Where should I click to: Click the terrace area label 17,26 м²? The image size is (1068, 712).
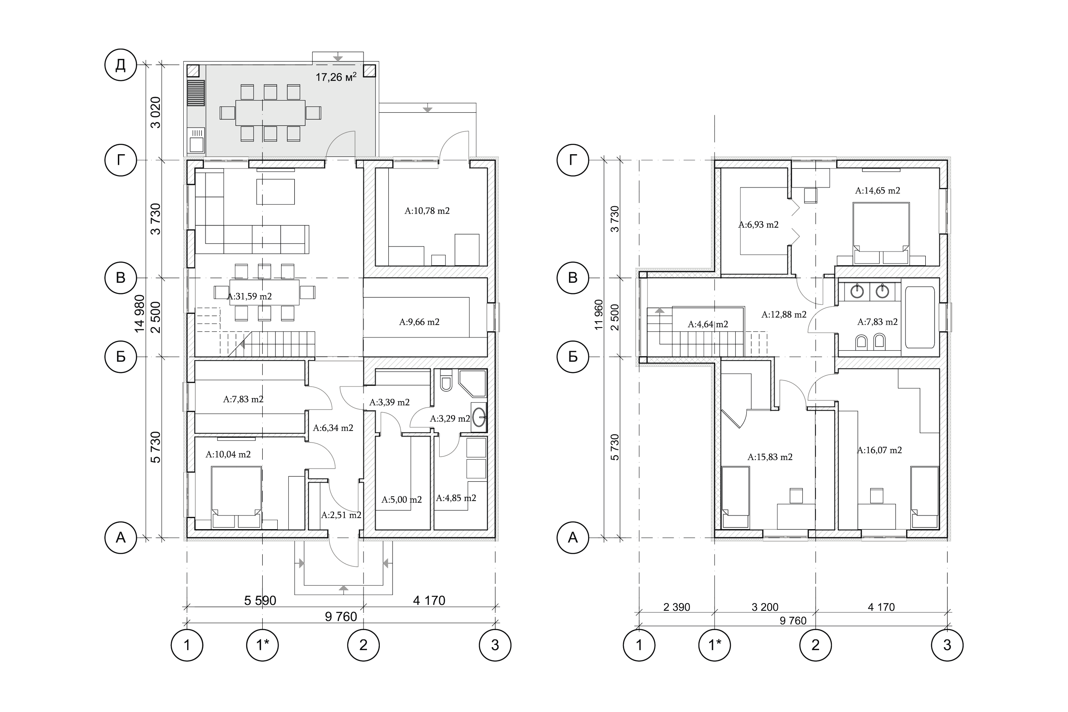tap(336, 77)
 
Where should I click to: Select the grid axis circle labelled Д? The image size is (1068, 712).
tap(120, 66)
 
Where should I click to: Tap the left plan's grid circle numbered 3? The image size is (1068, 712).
tap(496, 645)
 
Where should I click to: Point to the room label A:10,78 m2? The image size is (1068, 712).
tap(427, 211)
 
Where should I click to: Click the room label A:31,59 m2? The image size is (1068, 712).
tap(249, 296)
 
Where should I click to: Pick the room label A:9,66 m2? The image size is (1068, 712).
tap(419, 322)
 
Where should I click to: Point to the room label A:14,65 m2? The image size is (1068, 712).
tap(877, 191)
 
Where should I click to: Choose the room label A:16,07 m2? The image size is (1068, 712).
tap(879, 451)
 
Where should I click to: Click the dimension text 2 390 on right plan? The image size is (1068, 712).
tap(677, 607)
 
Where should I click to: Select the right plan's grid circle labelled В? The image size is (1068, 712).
tap(573, 278)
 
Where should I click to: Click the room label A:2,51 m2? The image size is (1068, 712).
tap(341, 515)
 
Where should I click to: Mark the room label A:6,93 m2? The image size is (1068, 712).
tap(758, 224)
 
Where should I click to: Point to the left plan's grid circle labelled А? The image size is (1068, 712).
tap(120, 538)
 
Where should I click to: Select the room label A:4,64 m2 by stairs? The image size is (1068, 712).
tap(707, 324)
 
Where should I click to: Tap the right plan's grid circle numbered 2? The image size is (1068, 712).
tap(816, 645)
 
